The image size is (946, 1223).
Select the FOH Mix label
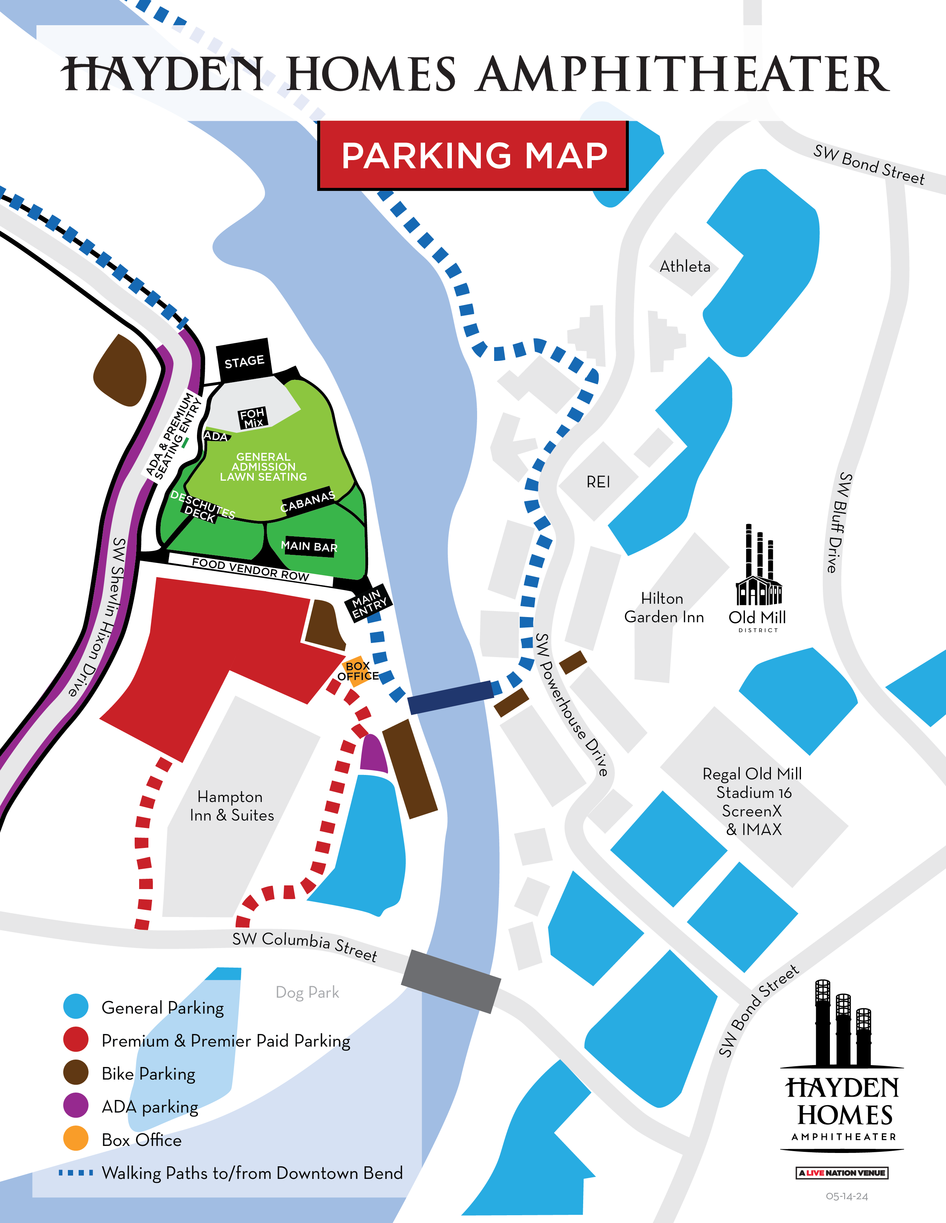click(252, 418)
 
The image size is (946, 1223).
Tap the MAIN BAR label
click(309, 546)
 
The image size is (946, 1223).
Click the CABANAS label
click(307, 501)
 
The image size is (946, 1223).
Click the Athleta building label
click(684, 266)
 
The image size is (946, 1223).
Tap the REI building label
click(598, 481)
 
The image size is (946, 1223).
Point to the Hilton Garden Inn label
click(664, 607)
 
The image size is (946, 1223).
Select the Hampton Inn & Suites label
click(231, 805)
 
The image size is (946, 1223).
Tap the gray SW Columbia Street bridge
click(451, 981)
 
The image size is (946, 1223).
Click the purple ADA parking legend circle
click(76, 1106)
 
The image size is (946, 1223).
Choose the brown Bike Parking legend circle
click(76, 1073)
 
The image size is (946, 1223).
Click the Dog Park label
click(307, 992)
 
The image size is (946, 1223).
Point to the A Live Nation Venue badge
click(842, 1173)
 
